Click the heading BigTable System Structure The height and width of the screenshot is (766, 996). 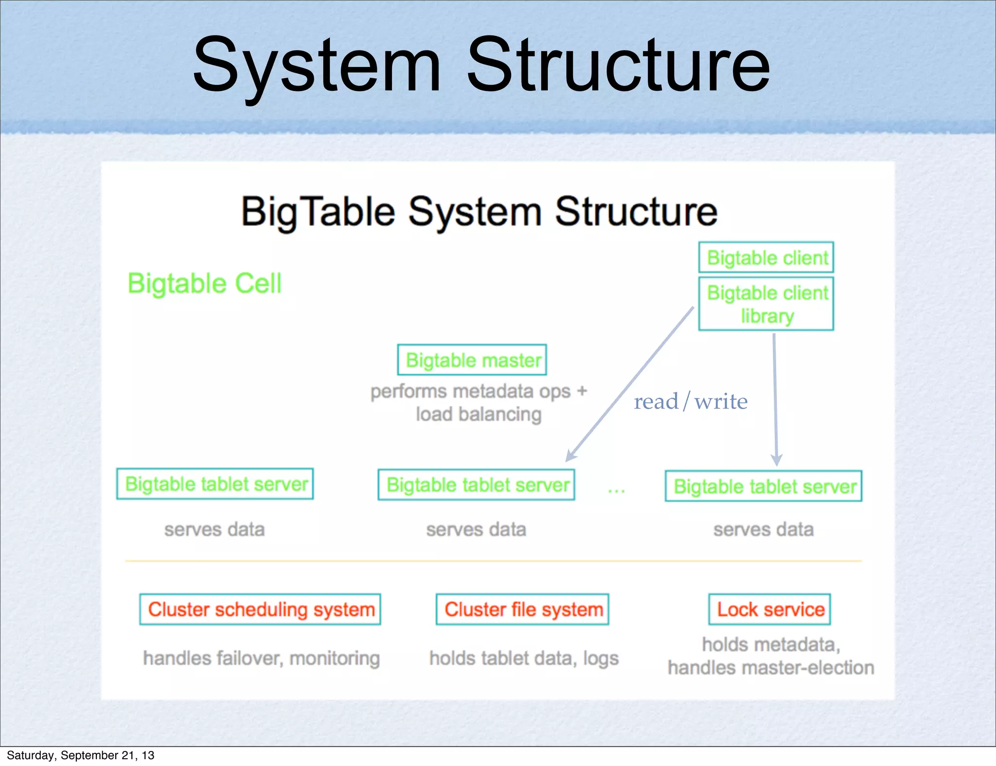(x=479, y=212)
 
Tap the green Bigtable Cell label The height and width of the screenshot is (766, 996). (x=204, y=283)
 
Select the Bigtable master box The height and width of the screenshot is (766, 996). (x=472, y=360)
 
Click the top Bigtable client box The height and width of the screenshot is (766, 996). (x=766, y=258)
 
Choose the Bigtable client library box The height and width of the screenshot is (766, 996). (x=766, y=304)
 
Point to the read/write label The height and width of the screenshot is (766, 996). (x=690, y=402)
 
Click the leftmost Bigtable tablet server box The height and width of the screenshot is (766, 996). (x=215, y=484)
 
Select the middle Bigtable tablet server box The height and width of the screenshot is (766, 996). (x=476, y=485)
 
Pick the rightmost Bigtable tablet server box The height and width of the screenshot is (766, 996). (x=763, y=486)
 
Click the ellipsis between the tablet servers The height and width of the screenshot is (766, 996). (x=616, y=491)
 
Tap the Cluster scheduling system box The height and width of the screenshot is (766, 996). (x=260, y=609)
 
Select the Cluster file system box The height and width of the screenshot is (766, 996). (x=522, y=609)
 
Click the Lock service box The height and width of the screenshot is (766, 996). (x=769, y=609)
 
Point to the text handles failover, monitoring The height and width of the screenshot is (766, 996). (x=261, y=658)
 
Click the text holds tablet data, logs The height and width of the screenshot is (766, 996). (x=523, y=658)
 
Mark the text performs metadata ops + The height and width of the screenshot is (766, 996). (x=479, y=391)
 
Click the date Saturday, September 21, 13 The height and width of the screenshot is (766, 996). (x=80, y=755)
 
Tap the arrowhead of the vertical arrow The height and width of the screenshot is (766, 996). (x=776, y=460)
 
